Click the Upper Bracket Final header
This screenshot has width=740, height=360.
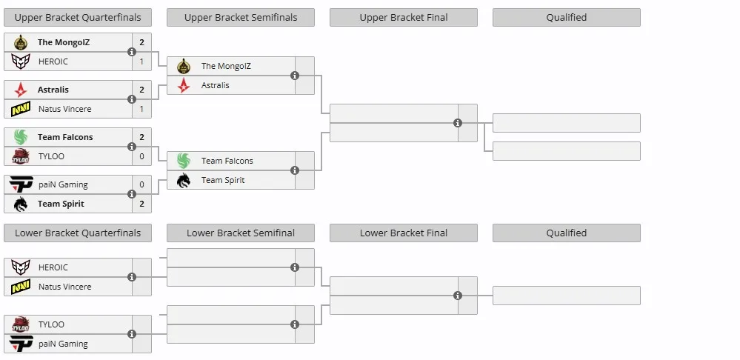(x=404, y=18)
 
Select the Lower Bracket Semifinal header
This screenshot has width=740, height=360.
(x=241, y=233)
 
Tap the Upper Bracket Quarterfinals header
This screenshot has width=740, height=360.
(x=78, y=18)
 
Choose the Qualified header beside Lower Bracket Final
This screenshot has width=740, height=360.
(x=567, y=233)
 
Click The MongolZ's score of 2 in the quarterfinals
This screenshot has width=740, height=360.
(x=141, y=42)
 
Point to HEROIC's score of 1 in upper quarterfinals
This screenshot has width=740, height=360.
(x=141, y=61)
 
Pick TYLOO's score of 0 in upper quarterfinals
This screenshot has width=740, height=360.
(x=141, y=156)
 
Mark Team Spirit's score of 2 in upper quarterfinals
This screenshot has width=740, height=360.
(x=141, y=204)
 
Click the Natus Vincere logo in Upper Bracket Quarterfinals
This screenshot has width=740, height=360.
(x=21, y=109)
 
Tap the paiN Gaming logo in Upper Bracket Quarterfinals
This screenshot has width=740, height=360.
(x=21, y=184)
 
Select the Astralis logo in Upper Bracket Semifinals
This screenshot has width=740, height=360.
(x=184, y=85)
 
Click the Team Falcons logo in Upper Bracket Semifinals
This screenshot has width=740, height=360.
(x=184, y=161)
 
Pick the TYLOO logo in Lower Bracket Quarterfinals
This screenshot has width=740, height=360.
(x=21, y=324)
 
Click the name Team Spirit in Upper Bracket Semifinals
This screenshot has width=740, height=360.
(x=223, y=180)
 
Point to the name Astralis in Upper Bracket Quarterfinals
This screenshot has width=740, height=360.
(x=53, y=90)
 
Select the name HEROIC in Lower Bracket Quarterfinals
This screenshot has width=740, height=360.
(x=53, y=267)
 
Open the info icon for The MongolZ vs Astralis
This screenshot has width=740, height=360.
(x=295, y=76)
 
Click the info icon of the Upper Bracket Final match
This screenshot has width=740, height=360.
(x=458, y=123)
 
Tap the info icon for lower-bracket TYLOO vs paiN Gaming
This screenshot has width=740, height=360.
(x=132, y=334)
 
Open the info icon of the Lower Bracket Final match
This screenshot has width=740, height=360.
(x=458, y=296)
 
